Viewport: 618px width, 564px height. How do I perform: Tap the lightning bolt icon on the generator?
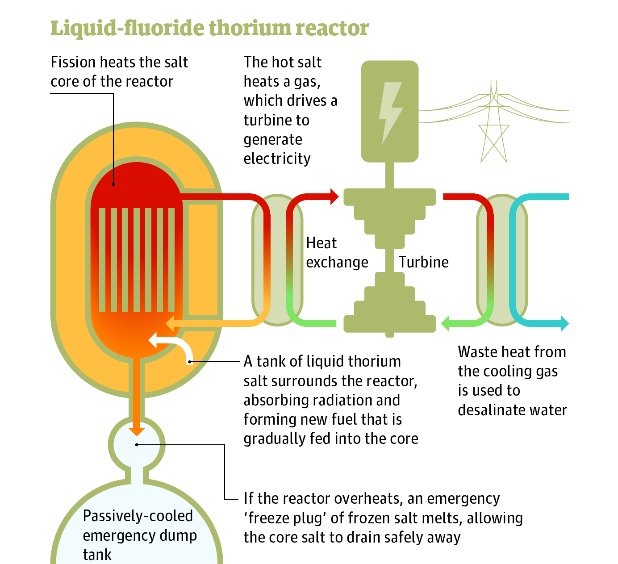(x=390, y=112)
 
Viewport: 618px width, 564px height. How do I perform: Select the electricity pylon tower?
(x=493, y=125)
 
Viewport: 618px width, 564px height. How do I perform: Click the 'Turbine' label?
(x=423, y=262)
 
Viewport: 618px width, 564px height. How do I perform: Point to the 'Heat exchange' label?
(x=337, y=253)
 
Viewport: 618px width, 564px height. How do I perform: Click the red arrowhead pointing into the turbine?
(x=334, y=196)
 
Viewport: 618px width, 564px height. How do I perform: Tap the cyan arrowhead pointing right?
(x=564, y=323)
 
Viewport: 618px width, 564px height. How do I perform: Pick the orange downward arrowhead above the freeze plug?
(x=137, y=430)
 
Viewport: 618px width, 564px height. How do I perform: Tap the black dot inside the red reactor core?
(x=113, y=184)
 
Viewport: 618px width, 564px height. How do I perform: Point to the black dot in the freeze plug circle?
(x=137, y=444)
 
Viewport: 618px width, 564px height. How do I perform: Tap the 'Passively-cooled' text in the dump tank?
(x=138, y=516)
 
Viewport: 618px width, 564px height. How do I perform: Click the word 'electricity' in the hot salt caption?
(x=277, y=159)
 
